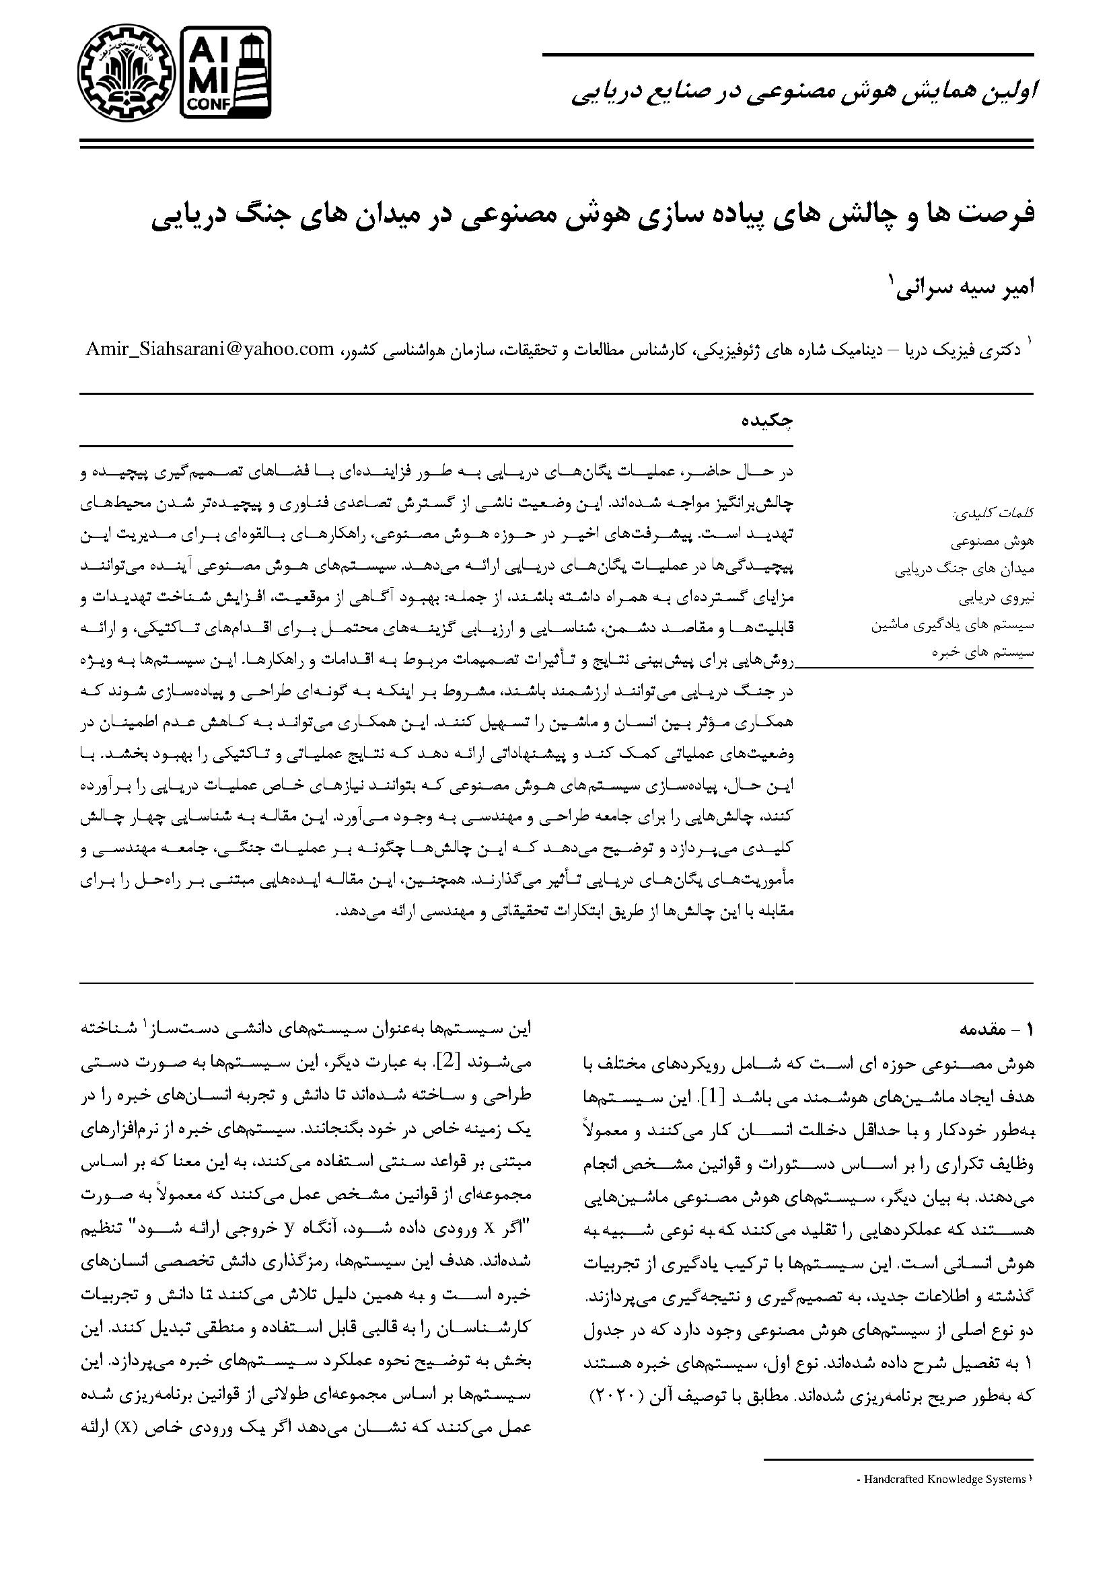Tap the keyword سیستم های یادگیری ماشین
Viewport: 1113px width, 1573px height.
click(952, 625)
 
